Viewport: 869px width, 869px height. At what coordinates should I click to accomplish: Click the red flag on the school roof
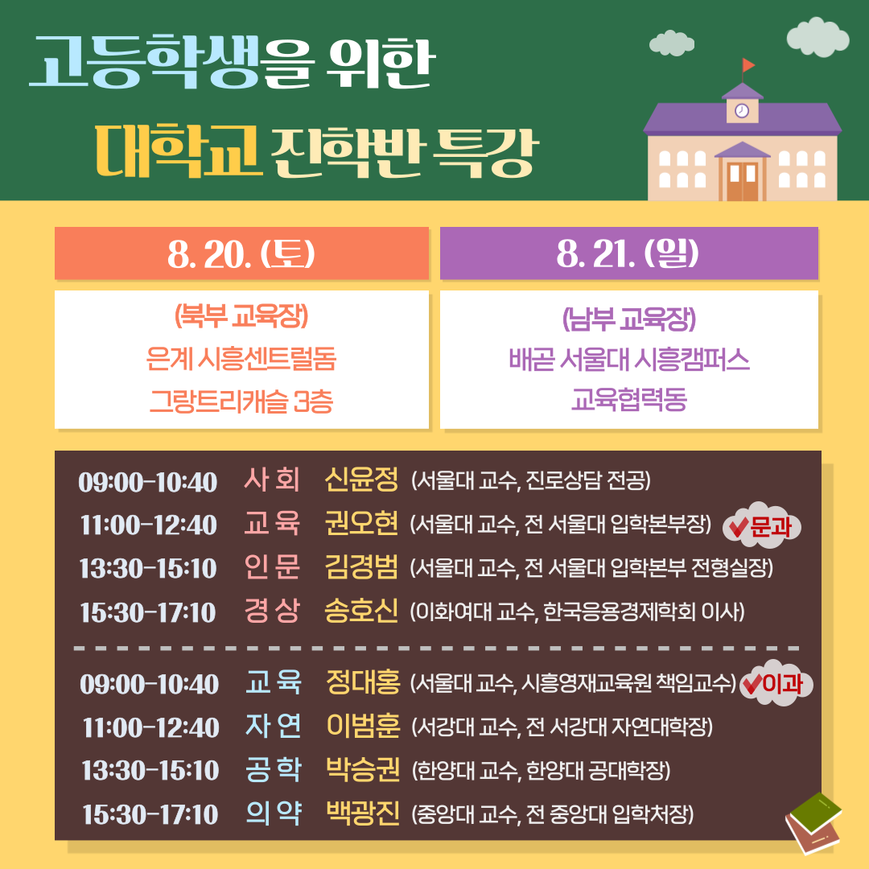coord(748,65)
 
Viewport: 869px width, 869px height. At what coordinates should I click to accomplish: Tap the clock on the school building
coord(742,111)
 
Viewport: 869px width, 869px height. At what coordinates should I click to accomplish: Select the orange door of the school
coord(742,181)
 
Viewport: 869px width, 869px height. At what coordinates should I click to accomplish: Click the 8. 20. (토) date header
coord(241,253)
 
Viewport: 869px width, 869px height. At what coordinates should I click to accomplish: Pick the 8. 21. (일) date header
coord(628,253)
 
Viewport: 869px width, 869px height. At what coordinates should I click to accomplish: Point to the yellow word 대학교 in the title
coord(177,150)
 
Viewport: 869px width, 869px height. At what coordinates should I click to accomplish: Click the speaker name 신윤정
coord(361,480)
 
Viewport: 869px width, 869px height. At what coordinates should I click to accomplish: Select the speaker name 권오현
coord(361,523)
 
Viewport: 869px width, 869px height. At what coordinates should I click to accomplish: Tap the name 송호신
coord(361,611)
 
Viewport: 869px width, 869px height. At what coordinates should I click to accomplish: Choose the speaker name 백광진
coord(363,813)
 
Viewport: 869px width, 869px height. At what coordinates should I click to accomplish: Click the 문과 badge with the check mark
coord(762,526)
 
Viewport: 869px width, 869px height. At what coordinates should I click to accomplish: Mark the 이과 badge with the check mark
coord(776,683)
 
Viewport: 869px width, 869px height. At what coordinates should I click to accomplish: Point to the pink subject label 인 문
coord(272,567)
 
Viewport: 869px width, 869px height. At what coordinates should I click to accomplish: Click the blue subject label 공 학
coord(274,769)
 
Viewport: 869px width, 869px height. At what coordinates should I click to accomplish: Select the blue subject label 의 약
coord(274,813)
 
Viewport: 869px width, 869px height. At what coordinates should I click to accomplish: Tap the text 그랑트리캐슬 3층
coord(241,402)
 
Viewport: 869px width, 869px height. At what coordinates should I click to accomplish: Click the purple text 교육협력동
coord(629,399)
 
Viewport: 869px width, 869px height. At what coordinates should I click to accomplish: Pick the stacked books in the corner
coord(813,823)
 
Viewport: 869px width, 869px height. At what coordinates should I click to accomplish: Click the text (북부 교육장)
coord(241,316)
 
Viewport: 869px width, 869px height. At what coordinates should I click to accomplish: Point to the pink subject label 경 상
coord(272,611)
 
